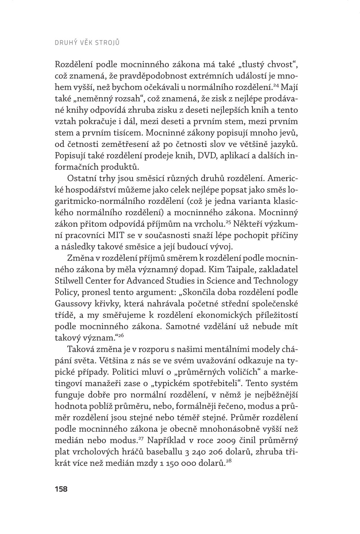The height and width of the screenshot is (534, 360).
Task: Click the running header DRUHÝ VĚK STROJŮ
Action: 87,42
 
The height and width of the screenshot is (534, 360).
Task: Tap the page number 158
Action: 61,489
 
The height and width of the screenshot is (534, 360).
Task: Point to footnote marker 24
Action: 276,85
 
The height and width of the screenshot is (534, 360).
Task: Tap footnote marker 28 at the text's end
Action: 228,461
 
